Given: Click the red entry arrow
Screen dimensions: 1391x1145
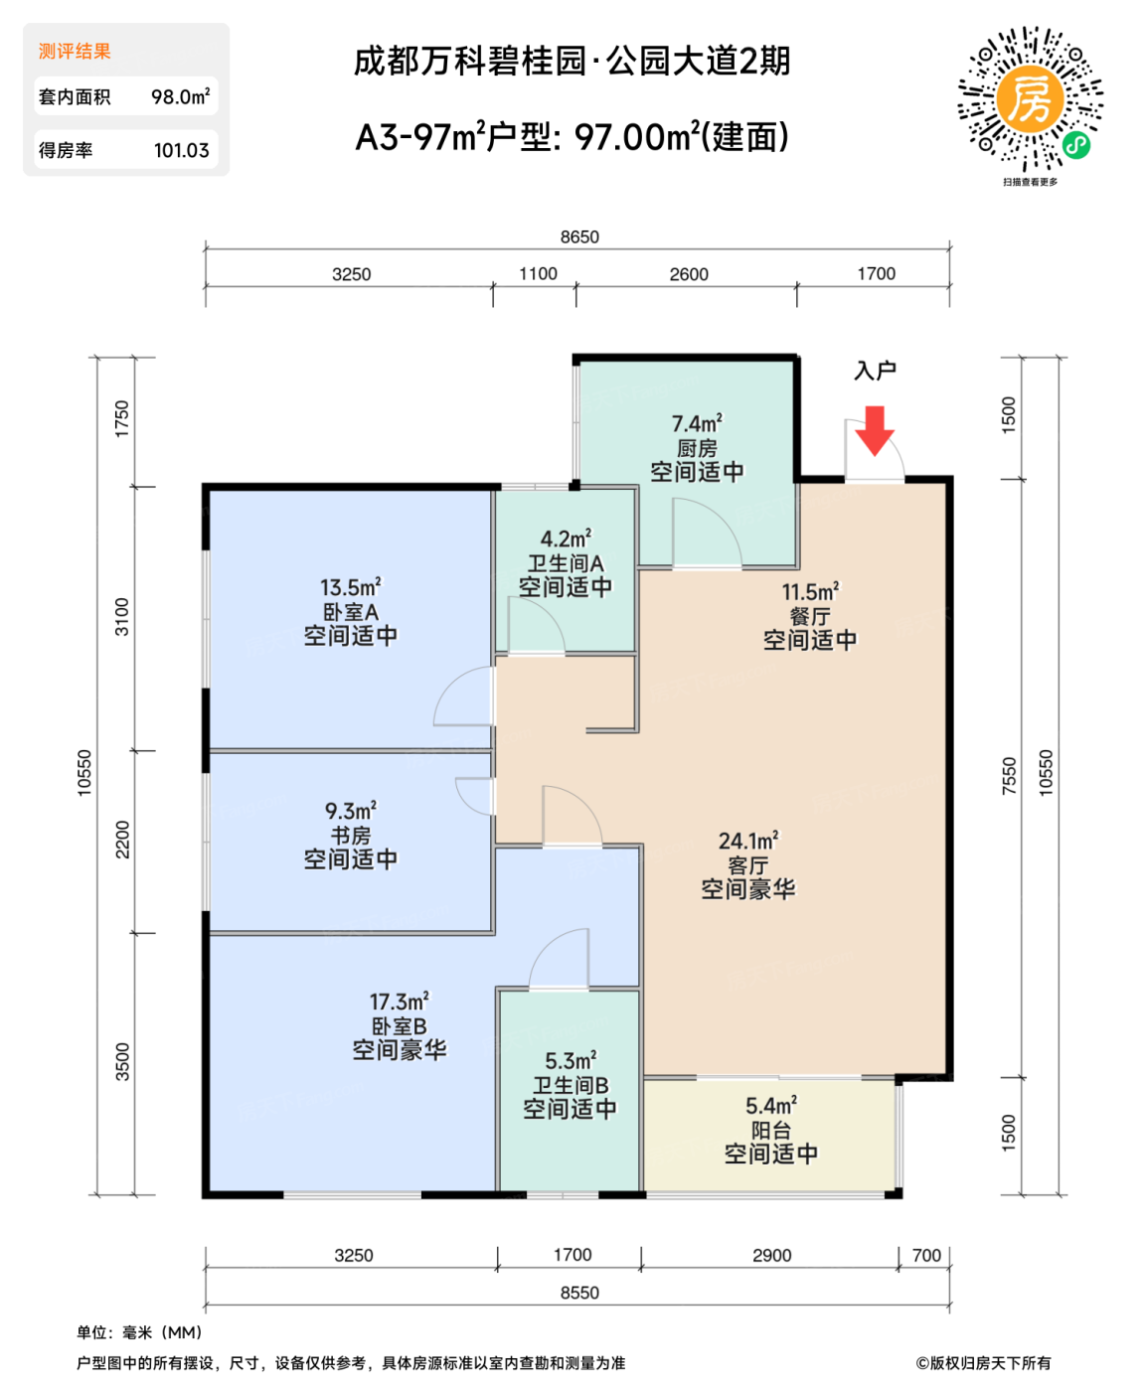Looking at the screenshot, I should tap(875, 429).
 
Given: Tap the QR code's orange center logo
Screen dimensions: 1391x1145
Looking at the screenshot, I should tap(1030, 98).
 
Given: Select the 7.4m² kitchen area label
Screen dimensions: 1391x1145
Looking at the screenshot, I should tap(697, 424).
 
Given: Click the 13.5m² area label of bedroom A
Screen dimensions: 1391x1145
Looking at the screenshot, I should tap(350, 588).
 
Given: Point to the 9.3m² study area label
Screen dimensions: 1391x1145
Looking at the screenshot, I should tap(350, 812).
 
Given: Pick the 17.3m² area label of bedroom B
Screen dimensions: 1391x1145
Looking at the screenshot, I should tap(399, 1003).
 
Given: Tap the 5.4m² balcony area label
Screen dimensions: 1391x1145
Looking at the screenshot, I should tap(771, 1106).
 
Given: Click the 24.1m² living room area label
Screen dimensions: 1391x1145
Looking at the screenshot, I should tap(748, 842).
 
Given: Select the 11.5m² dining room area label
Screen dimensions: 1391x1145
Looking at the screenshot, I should tap(810, 592).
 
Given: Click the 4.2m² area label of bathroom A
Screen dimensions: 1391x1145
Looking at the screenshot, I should tap(566, 540).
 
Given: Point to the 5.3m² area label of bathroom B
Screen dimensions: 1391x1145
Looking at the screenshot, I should tap(571, 1061).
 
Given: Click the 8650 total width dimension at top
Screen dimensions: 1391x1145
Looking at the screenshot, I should tap(579, 237).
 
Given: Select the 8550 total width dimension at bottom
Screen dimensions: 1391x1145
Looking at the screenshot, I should tap(579, 1293).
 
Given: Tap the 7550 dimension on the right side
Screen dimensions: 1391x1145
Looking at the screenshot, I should tap(1010, 776).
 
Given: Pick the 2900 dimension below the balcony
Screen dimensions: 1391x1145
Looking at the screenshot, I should tap(771, 1256).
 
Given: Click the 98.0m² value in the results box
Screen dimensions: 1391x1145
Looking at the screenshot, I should tap(180, 97).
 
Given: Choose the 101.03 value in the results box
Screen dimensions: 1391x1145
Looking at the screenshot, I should tap(181, 151).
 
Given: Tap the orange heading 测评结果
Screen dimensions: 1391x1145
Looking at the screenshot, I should tap(75, 52).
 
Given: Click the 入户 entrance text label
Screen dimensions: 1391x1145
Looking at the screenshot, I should tap(875, 371).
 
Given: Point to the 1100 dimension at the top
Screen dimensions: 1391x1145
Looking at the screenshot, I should tap(538, 274).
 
